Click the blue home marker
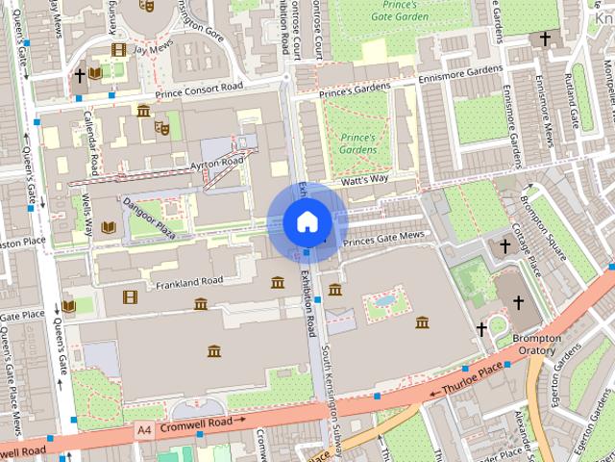[x=307, y=221]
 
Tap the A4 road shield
[x=144, y=429]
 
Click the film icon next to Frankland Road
[x=130, y=296]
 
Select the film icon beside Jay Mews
[x=118, y=49]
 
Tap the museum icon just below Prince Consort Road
[x=143, y=111]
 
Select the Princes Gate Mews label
[x=384, y=237]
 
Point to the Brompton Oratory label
[x=536, y=345]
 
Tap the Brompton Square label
[x=545, y=220]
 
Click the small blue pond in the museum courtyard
[x=385, y=301]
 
